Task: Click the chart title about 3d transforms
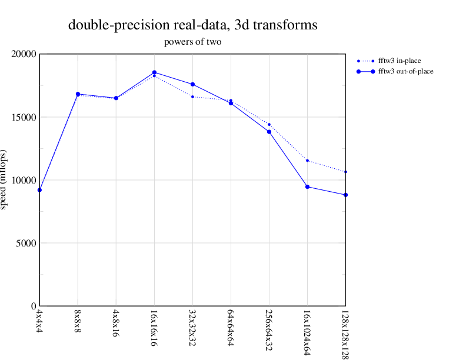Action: click(x=192, y=25)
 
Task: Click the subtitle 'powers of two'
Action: click(x=192, y=42)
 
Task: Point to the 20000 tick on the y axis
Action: click(x=24, y=54)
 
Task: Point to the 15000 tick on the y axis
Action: click(x=24, y=117)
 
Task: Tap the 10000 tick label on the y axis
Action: click(x=24, y=180)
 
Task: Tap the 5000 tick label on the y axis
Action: click(x=26, y=243)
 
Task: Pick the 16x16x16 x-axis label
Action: click(x=154, y=325)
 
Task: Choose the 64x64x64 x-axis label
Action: click(x=231, y=325)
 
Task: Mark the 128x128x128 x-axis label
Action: click(x=345, y=332)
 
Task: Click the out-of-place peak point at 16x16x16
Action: click(x=154, y=72)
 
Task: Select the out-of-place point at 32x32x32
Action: click(x=192, y=85)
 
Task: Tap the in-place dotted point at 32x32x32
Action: click(x=192, y=96)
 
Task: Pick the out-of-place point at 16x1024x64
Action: click(x=307, y=187)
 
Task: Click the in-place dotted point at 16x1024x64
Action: click(x=307, y=161)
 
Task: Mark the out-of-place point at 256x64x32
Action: click(x=269, y=132)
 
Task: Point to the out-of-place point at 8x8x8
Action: click(x=78, y=94)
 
